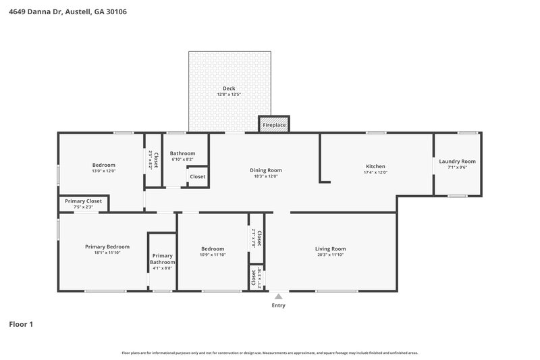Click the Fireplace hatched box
(x=274, y=125)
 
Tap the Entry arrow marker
(x=278, y=296)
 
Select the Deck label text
(x=229, y=88)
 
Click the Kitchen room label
(x=375, y=166)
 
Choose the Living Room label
(x=330, y=249)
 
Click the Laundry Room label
(x=457, y=161)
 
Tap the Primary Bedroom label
(x=107, y=247)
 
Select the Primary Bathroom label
(x=162, y=259)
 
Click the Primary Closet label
(x=83, y=201)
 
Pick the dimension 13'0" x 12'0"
(x=104, y=172)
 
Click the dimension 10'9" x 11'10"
(x=212, y=255)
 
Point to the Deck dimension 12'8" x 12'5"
(x=229, y=95)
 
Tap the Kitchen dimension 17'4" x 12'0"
(x=375, y=172)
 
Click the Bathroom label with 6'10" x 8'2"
(x=182, y=153)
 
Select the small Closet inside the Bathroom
(x=197, y=177)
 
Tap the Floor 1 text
(x=21, y=324)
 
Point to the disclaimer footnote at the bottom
(x=269, y=353)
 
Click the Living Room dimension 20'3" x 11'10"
(x=330, y=255)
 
